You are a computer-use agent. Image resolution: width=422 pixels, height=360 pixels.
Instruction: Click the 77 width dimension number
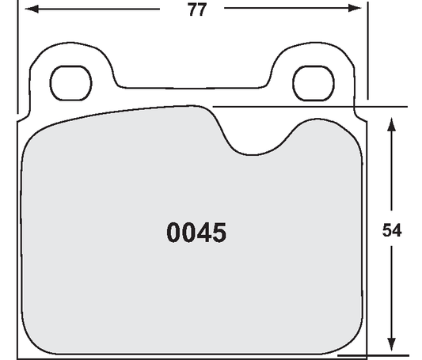coord(197,10)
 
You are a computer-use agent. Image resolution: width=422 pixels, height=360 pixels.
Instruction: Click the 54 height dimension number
coord(392,231)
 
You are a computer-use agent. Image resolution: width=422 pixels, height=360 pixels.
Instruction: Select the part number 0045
coord(196,233)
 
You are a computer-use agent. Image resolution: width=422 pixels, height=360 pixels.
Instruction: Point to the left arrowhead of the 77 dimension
coord(26,9)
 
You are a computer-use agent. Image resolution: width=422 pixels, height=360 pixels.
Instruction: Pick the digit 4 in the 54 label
coord(397,231)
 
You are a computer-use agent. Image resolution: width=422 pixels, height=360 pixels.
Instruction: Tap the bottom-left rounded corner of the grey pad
coord(32,337)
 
